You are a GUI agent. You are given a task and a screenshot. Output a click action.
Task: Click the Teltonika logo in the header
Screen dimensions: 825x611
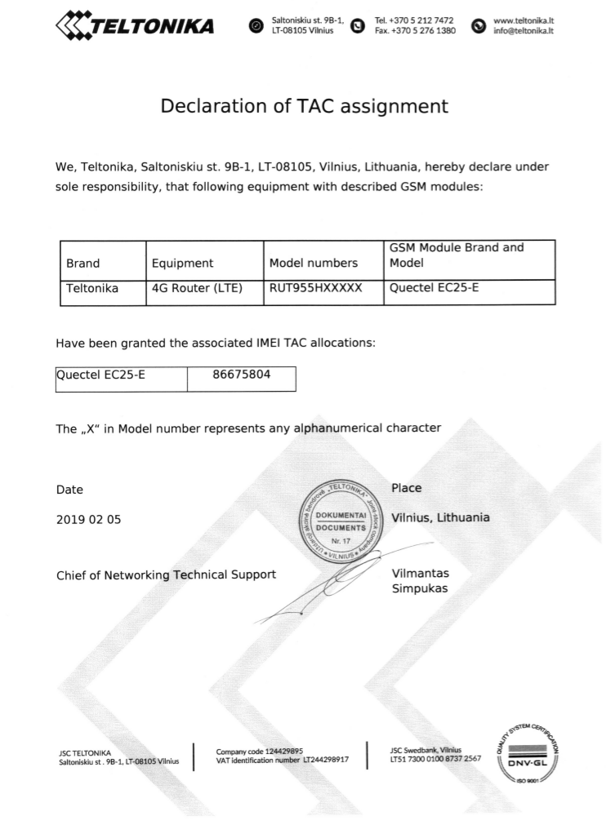pos(135,26)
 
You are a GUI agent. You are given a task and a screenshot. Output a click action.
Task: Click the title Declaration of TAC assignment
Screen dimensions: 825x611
pos(305,106)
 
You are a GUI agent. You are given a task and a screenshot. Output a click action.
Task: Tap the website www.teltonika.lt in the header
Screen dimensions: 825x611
pos(524,20)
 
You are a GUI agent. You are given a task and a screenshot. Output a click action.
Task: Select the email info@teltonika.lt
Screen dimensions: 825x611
pos(524,32)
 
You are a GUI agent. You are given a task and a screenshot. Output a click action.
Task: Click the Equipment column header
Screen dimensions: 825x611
pos(182,263)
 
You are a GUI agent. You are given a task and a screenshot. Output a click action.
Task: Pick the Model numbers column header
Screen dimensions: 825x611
pos(314,263)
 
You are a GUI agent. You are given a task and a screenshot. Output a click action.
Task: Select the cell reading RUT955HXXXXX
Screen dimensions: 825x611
pos(314,287)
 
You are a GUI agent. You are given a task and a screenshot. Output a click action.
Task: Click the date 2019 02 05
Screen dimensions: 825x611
pos(88,519)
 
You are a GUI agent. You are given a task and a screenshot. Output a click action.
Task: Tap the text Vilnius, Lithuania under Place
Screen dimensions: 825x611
pos(440,517)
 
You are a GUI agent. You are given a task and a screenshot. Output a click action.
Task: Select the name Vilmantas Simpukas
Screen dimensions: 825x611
pos(420,580)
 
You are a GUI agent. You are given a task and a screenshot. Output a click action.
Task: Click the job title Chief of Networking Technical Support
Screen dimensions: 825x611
pos(166,574)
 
